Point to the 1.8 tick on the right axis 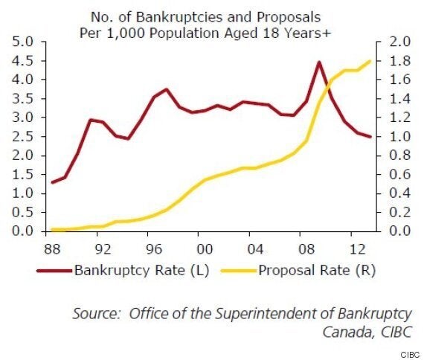(399, 60)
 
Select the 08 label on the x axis (306, 249)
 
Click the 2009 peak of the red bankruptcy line (319, 62)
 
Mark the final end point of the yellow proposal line (370, 62)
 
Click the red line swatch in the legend (54, 270)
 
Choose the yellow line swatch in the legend (239, 270)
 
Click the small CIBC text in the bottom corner (410, 355)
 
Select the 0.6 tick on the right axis (399, 174)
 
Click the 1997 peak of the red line (167, 90)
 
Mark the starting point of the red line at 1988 (53, 182)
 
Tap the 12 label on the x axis (358, 249)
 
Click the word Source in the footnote (96, 313)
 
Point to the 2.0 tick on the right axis (399, 42)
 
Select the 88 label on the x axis (52, 249)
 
